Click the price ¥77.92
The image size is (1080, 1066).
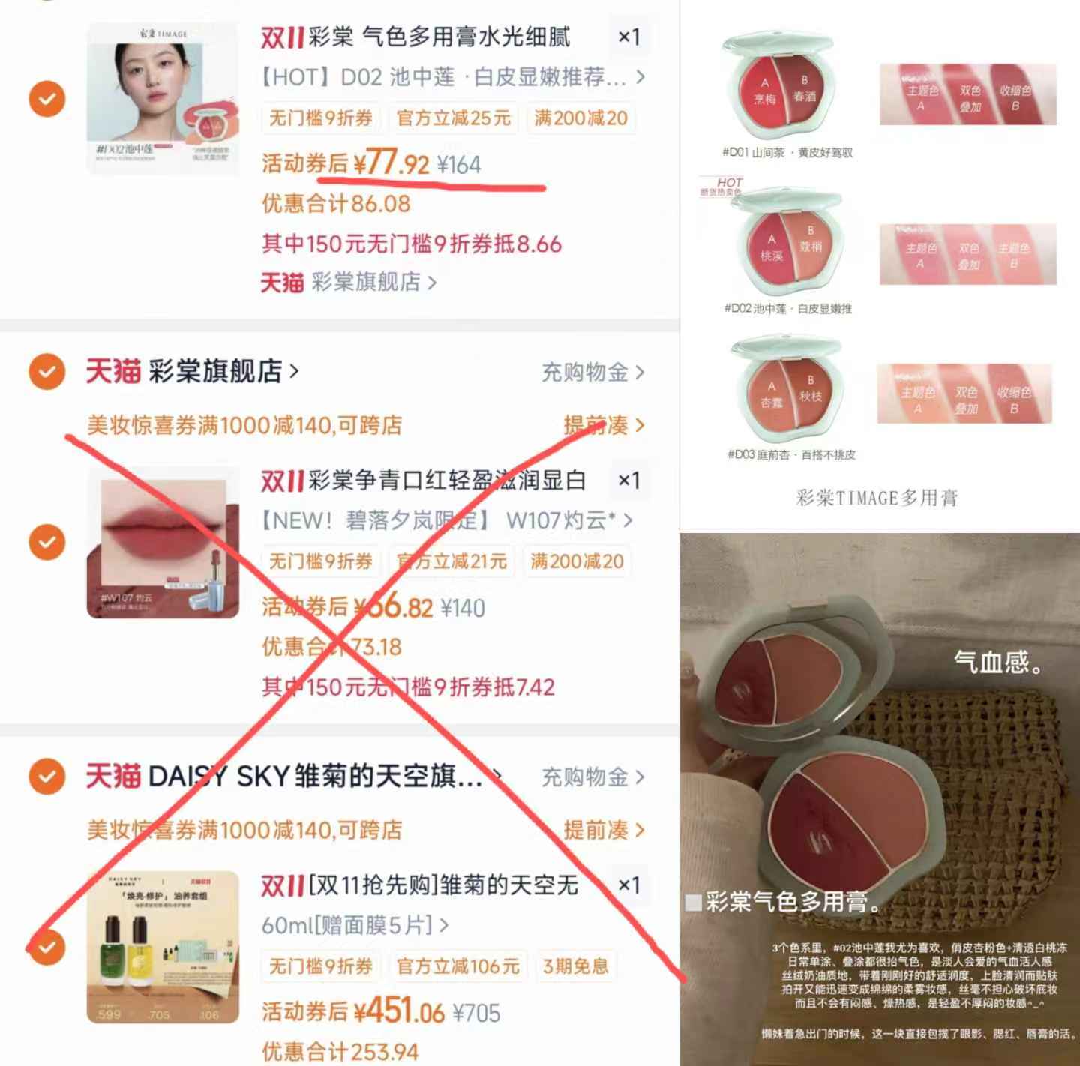[x=391, y=163]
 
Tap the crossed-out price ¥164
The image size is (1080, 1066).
[x=458, y=165]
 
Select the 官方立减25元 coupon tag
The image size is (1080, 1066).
[x=453, y=118]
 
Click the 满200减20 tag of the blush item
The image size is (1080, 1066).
[x=580, y=118]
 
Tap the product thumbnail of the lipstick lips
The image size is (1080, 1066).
[x=163, y=542]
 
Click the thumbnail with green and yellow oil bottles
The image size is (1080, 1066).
[x=163, y=947]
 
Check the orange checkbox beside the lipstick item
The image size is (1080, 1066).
[x=46, y=542]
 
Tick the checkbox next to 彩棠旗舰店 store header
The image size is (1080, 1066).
[x=46, y=371]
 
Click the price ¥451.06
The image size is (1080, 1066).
[x=399, y=1012]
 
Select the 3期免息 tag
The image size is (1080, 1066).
[x=575, y=966]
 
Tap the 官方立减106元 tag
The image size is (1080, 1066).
[x=457, y=966]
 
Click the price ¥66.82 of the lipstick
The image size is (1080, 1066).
[x=393, y=607]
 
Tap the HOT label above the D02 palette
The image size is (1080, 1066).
[x=728, y=183]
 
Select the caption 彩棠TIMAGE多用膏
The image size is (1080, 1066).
[x=876, y=498]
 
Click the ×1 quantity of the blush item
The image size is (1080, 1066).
[x=628, y=37]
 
